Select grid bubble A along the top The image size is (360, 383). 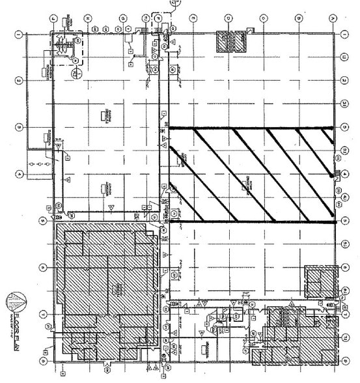pyautogui.click(x=333, y=18)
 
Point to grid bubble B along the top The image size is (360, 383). pyautogui.click(x=298, y=18)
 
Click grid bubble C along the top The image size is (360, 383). pyautogui.click(x=262, y=18)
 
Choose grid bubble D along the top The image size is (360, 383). pyautogui.click(x=228, y=18)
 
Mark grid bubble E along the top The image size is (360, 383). pyautogui.click(x=193, y=18)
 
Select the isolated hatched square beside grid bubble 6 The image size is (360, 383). pyautogui.click(x=320, y=280)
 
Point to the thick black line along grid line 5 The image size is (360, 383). pyautogui.click(x=254, y=221)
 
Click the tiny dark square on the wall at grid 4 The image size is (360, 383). pyautogui.click(x=335, y=174)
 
